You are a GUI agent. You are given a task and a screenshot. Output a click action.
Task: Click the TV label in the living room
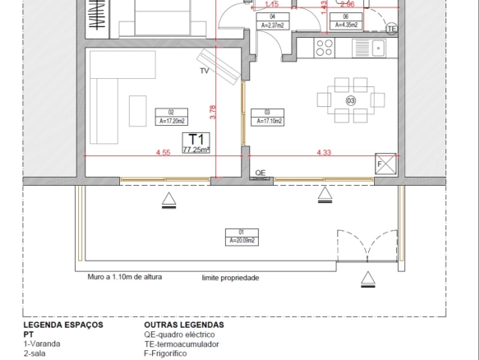tap(204, 72)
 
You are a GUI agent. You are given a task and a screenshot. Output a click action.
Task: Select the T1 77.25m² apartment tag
tap(196, 143)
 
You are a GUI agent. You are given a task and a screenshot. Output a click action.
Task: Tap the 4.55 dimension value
tap(163, 152)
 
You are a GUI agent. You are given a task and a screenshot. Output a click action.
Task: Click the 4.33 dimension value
tap(324, 152)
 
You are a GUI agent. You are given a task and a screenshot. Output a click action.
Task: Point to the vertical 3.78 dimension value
tap(213, 108)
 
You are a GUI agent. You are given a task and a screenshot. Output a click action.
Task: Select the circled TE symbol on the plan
tap(391, 29)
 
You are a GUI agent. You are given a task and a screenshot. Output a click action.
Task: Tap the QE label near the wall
tap(261, 173)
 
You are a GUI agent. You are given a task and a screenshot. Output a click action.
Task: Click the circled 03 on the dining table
tap(351, 100)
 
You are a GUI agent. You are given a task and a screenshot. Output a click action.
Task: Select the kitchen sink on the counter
tap(377, 48)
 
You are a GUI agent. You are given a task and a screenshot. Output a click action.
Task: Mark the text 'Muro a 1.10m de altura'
tap(125, 277)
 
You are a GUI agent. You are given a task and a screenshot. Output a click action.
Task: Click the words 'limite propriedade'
tap(230, 278)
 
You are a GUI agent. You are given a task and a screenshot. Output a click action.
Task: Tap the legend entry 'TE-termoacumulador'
tap(181, 344)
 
